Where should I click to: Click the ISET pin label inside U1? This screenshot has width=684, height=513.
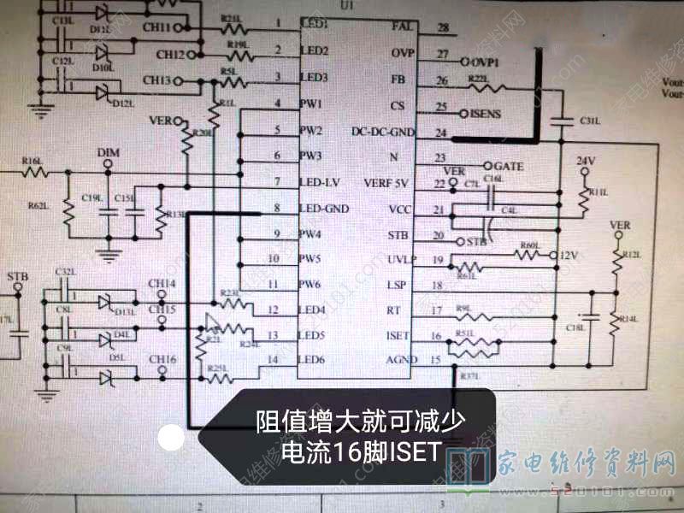click(398, 336)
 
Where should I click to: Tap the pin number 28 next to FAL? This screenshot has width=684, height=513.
click(442, 27)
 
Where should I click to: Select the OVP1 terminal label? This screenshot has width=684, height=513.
click(486, 62)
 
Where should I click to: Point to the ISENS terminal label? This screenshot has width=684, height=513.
click(486, 113)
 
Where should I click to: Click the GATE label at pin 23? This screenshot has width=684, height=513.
click(509, 165)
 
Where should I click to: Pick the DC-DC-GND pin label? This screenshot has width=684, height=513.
click(383, 132)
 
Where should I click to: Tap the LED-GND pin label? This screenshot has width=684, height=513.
click(324, 209)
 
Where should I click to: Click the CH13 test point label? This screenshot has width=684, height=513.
click(158, 80)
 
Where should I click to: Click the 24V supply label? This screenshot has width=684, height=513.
click(585, 161)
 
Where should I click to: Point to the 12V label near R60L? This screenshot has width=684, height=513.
click(569, 256)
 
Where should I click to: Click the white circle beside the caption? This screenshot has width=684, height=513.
click(172, 439)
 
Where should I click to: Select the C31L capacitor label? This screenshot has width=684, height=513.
click(589, 121)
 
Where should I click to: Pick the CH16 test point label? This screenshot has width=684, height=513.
click(162, 359)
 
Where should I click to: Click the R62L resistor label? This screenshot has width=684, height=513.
click(38, 206)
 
